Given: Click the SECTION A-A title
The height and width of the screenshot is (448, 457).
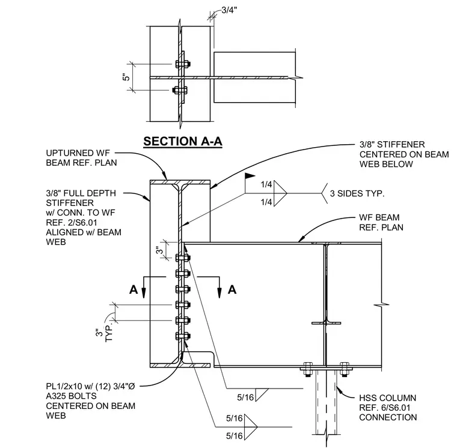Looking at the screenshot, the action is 183,142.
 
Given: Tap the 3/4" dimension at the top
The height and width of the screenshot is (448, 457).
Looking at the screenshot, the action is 229,10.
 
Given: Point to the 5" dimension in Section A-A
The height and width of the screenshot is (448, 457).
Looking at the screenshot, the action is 126,77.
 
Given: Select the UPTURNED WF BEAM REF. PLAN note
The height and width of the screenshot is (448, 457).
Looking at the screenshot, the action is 81,158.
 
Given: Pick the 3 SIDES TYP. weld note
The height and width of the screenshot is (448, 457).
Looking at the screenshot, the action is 357,193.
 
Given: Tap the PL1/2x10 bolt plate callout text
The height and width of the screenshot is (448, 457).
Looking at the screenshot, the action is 91,401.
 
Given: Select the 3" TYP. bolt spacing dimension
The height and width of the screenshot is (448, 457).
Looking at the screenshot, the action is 104,334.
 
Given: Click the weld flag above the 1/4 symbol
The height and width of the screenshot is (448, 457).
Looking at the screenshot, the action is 250,176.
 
